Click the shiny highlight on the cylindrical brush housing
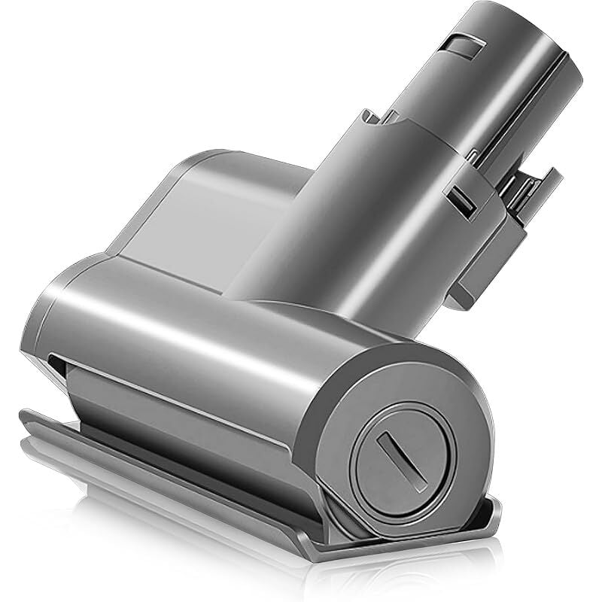coord(188,316)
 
